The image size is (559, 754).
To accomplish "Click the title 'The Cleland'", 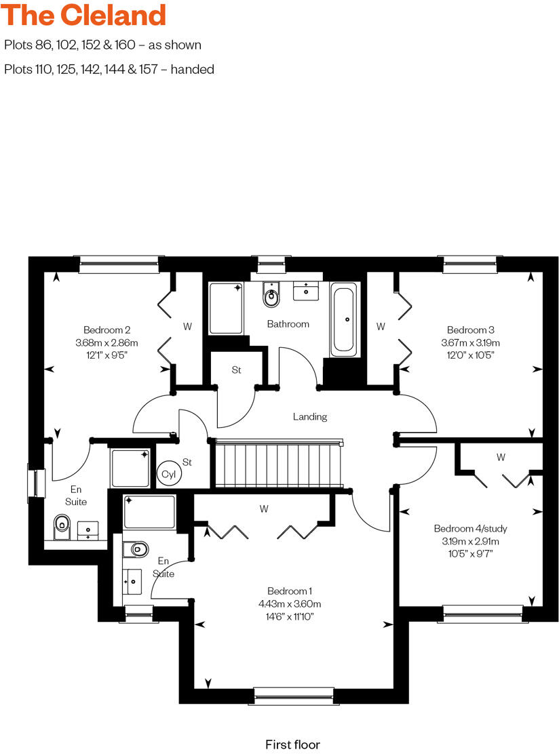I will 85,15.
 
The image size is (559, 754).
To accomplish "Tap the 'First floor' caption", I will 292,745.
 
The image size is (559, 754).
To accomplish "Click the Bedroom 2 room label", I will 107,330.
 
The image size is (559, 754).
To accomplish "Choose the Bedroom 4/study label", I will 470,529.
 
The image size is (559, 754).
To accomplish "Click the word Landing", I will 310,416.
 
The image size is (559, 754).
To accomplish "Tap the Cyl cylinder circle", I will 168,475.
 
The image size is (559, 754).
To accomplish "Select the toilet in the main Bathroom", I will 271,296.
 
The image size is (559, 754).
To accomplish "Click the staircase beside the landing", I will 278,464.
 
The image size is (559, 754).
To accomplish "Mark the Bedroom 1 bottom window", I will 294,696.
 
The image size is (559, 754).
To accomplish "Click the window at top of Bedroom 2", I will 119,264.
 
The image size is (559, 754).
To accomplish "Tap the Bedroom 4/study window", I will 483,614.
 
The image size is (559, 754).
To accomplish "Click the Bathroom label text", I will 288,324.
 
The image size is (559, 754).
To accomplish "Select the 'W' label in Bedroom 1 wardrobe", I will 264,509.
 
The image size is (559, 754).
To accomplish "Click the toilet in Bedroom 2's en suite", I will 62,525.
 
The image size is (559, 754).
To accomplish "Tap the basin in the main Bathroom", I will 307,292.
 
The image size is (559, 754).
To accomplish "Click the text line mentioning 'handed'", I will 109,69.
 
